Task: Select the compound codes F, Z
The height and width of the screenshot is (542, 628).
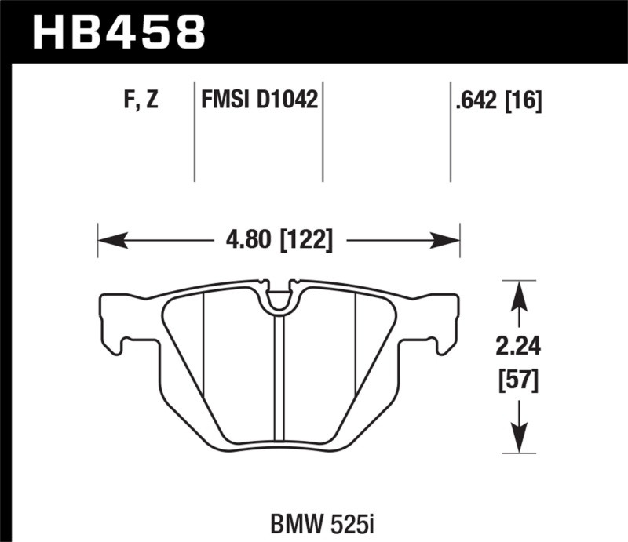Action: tap(142, 100)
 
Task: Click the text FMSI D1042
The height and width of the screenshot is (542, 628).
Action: tap(259, 100)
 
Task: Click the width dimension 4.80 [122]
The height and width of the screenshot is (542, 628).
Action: tap(278, 238)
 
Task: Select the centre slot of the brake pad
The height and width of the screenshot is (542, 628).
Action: tap(278, 376)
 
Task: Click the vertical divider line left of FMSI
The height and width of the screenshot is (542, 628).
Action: tap(194, 129)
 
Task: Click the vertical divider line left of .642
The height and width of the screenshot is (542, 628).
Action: tap(450, 129)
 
